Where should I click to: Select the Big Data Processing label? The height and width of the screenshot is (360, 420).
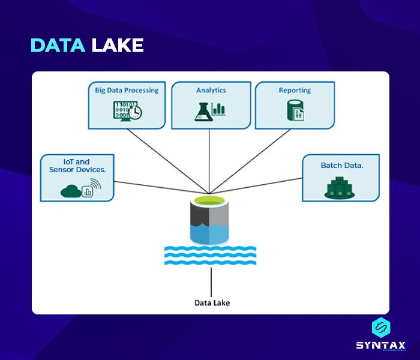click(x=127, y=90)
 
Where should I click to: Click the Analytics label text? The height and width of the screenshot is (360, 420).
click(x=211, y=90)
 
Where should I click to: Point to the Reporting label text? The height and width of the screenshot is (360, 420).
click(x=295, y=90)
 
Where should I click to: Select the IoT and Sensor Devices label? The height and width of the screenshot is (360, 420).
click(x=77, y=166)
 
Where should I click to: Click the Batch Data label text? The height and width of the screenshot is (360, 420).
click(x=341, y=165)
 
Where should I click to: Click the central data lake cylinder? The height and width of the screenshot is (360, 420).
click(x=210, y=222)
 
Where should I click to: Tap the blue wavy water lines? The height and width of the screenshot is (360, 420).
click(x=210, y=256)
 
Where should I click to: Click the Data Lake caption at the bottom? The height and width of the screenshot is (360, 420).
click(x=212, y=302)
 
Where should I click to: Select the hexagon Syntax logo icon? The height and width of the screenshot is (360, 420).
click(x=381, y=328)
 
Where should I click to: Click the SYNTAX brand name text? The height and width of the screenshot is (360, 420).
click(x=380, y=345)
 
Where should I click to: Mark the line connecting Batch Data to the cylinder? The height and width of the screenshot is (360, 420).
click(x=264, y=184)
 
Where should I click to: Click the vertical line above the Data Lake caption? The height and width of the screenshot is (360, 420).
click(x=211, y=281)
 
